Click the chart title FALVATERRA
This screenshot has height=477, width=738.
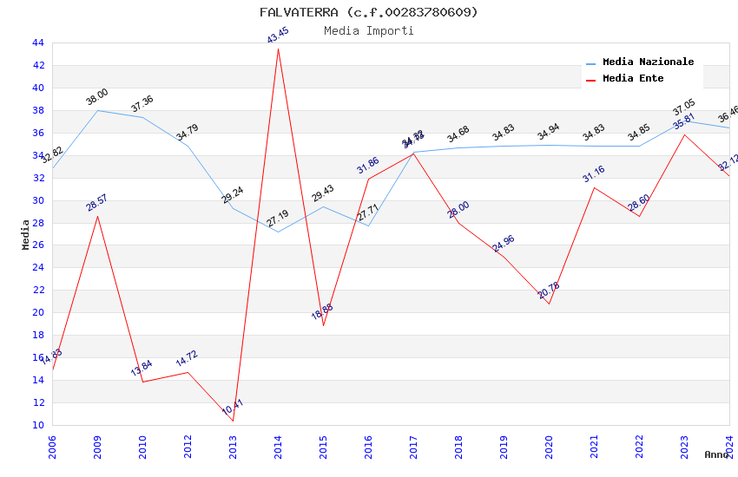(368, 12)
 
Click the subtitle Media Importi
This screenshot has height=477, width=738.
(368, 31)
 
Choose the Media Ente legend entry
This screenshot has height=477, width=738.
(633, 79)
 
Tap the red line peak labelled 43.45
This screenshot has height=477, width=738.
(278, 48)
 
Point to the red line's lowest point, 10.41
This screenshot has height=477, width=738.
(233, 421)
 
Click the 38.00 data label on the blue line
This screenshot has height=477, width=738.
(97, 96)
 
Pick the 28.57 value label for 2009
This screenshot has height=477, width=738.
(97, 203)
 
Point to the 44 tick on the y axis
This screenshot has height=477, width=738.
(37, 42)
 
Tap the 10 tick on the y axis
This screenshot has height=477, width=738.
(37, 425)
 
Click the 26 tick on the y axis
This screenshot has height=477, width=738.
(37, 245)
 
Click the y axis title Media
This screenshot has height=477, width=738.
(25, 234)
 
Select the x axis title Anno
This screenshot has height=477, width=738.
(716, 454)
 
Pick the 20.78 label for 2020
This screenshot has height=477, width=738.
(549, 291)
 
